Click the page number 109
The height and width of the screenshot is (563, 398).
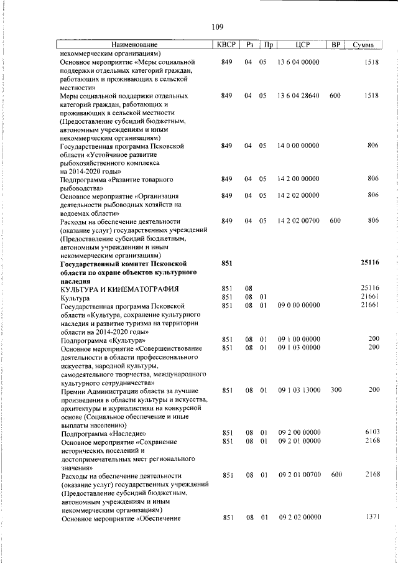217,27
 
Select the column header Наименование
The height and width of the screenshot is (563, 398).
134,45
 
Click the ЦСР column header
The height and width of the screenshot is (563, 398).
298,45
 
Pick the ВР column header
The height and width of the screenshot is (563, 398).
336,45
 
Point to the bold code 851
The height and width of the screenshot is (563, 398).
227,263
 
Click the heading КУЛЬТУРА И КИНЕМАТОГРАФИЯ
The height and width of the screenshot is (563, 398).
120,289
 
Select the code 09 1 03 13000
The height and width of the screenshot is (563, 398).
298,390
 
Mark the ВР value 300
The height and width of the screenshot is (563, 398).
336,390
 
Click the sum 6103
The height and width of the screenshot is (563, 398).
372,432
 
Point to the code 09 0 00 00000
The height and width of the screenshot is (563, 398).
298,305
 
